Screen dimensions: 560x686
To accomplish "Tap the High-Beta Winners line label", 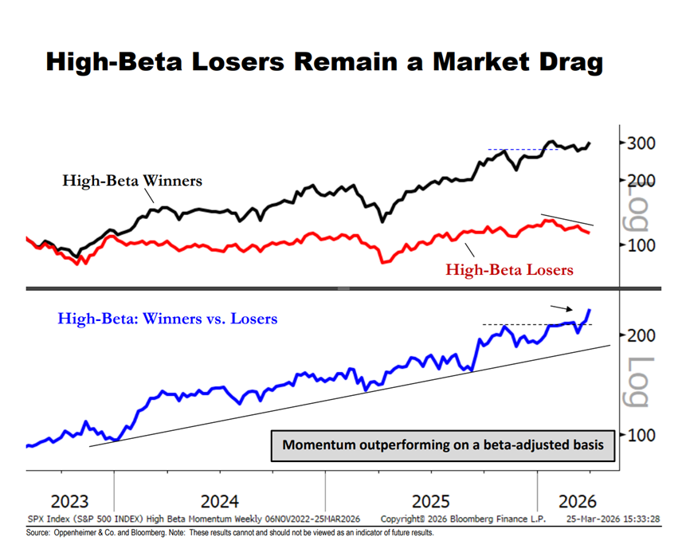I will click(x=132, y=181).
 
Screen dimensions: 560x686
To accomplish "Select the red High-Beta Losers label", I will click(x=509, y=270).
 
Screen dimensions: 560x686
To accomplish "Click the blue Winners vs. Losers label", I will click(x=167, y=319).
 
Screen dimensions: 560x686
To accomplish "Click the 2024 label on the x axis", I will click(x=219, y=502).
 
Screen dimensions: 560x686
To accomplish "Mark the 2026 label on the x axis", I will click(x=578, y=502).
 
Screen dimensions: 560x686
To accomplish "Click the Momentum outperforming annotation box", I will click(x=443, y=444).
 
